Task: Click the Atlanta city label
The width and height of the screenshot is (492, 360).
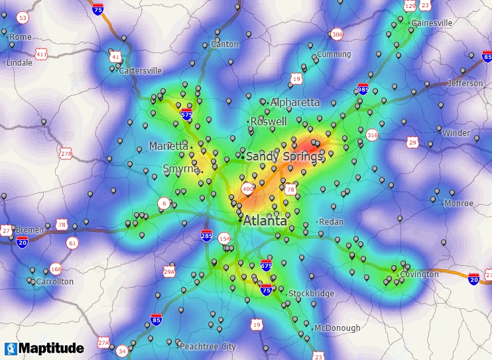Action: coord(265,221)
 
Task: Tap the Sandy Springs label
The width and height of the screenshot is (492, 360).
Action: coord(284,156)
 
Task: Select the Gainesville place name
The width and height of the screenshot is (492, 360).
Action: coord(432,23)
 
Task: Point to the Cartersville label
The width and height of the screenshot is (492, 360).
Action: coord(141,70)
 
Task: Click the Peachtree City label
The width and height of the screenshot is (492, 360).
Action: coord(208,346)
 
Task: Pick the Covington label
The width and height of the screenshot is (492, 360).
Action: coord(419,274)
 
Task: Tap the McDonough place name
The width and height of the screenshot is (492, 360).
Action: coord(338,328)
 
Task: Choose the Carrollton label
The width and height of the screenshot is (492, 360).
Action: coord(55,281)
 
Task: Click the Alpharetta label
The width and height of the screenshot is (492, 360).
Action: coord(295,102)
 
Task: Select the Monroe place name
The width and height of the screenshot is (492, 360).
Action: coord(459,203)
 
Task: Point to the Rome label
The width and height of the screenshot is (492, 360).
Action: coord(21,37)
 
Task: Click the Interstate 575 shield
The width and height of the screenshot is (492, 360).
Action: coord(186,114)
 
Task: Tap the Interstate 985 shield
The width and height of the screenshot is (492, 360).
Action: coord(363,89)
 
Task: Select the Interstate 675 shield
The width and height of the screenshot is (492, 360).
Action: coord(266,265)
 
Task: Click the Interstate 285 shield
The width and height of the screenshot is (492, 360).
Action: coord(207,235)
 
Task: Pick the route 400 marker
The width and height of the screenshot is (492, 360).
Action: coord(247,189)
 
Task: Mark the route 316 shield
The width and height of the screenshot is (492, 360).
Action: coord(372,135)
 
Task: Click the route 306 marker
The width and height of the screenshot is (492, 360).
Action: coord(338,34)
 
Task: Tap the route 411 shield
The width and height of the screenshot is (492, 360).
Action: coord(42,54)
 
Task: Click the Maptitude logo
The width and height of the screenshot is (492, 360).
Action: coord(44,347)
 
